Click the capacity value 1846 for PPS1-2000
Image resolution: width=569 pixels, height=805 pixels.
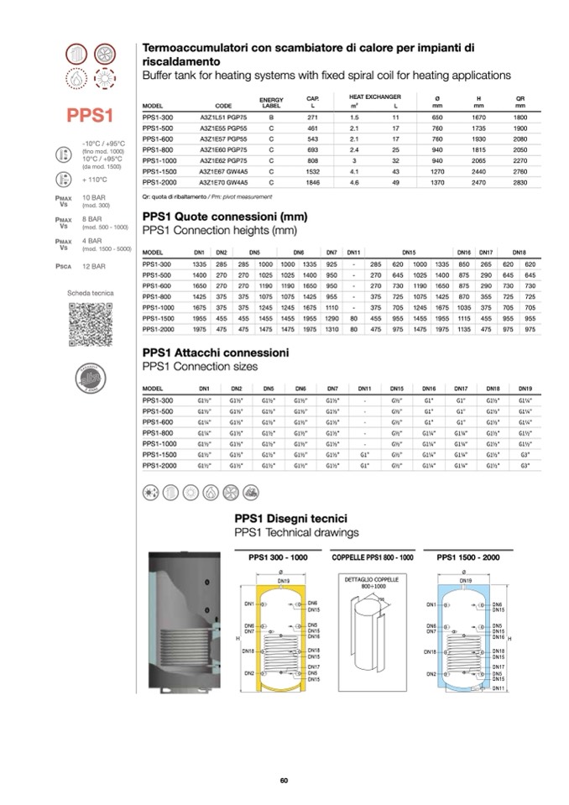pos(312,181)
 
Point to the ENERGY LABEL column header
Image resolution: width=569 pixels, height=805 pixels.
pos(271,102)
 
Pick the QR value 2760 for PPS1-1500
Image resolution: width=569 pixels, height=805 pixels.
pos(520,171)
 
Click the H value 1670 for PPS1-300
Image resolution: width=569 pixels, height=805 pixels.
pos(478,118)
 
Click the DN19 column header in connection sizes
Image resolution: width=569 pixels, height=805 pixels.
pos(525,389)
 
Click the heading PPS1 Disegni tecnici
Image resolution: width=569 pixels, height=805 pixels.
pos(290,519)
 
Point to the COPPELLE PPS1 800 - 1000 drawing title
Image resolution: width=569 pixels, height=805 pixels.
pos(373,557)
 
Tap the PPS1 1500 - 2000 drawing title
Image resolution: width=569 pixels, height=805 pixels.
pos(467,557)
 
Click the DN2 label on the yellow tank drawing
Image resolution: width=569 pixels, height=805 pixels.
pos(249,673)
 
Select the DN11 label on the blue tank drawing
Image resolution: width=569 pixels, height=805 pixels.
pos(498,688)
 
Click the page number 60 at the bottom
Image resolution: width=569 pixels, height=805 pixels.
pos(284,781)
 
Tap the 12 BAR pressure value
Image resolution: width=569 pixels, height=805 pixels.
pos(93,266)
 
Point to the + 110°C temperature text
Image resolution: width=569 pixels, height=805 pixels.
pos(96,180)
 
